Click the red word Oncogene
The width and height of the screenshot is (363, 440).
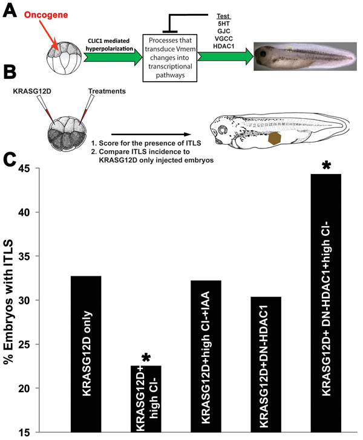[x=46, y=15]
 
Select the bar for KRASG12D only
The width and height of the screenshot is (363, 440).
[x=86, y=354]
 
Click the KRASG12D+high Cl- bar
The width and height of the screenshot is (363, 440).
[x=146, y=399]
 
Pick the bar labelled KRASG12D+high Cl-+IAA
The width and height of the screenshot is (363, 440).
[x=206, y=356]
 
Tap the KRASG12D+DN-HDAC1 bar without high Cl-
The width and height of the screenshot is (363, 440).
[x=266, y=364]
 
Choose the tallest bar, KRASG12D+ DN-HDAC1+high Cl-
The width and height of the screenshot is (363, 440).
[x=326, y=303]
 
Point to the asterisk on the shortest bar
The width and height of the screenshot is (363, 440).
[x=146, y=358]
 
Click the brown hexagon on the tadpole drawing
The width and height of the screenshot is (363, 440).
[x=275, y=139]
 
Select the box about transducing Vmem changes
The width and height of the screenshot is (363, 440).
[x=170, y=58]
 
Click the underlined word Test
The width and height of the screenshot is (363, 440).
[x=223, y=16]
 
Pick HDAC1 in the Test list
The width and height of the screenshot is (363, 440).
[x=223, y=46]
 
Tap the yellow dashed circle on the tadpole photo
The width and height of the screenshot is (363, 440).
[x=289, y=49]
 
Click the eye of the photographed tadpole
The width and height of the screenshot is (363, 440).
[x=263, y=53]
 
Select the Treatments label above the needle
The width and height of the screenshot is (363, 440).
[x=107, y=91]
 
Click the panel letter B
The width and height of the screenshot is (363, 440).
[x=10, y=72]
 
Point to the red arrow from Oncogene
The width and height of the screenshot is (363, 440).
[x=49, y=35]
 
